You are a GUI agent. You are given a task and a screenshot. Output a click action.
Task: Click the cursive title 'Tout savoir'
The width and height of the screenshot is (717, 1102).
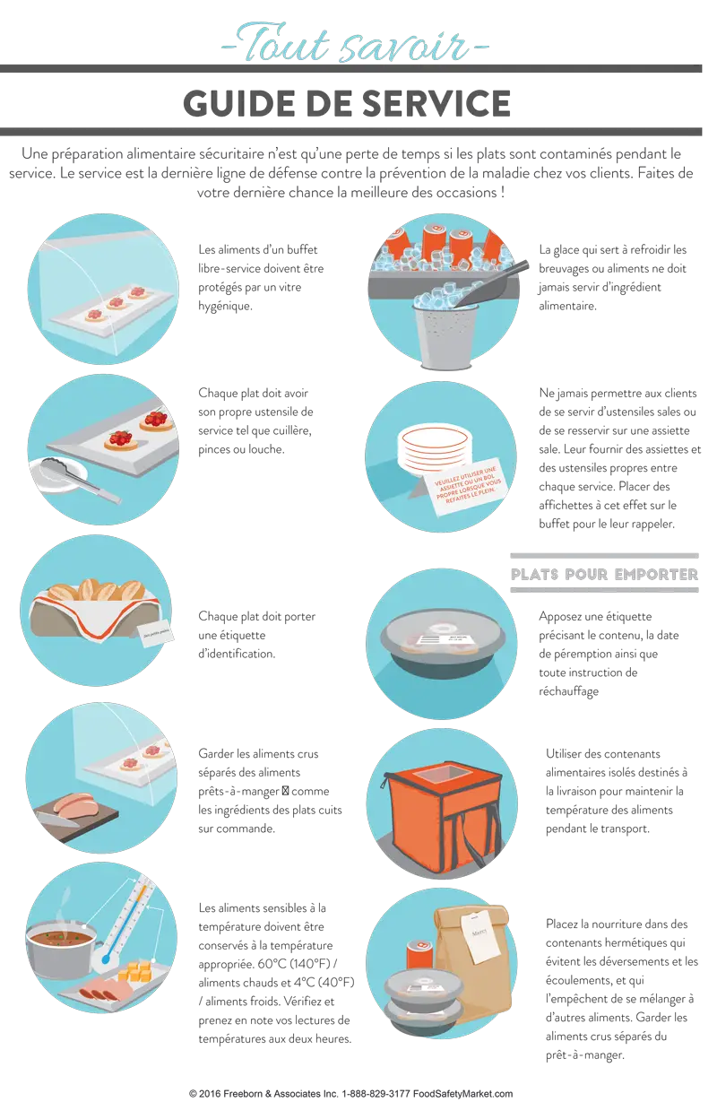[355, 44]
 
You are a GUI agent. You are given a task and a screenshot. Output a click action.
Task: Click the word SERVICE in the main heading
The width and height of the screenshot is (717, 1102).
[437, 103]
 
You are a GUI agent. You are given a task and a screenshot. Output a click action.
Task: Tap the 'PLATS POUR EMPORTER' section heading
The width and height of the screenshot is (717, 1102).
[604, 574]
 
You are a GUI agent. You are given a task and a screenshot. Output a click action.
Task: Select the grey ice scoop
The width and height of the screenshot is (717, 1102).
[487, 283]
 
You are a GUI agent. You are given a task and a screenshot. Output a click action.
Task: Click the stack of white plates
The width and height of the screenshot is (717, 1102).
[434, 447]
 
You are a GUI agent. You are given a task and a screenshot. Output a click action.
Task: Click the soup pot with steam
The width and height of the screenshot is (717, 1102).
[62, 941]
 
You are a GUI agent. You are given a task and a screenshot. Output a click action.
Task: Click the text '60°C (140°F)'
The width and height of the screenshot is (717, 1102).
[290, 964]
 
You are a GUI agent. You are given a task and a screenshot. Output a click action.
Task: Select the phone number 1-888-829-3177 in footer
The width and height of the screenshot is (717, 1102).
[376, 1093]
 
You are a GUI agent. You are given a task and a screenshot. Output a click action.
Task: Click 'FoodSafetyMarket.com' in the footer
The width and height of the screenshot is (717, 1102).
[462, 1093]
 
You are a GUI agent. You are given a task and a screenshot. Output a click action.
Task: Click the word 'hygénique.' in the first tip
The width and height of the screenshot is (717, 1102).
[225, 307]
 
